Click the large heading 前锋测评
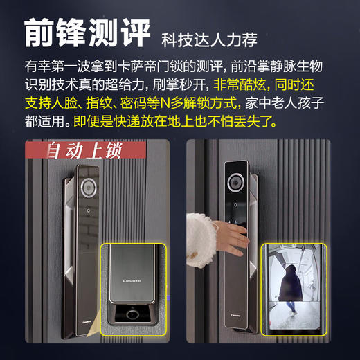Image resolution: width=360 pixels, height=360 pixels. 86,33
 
